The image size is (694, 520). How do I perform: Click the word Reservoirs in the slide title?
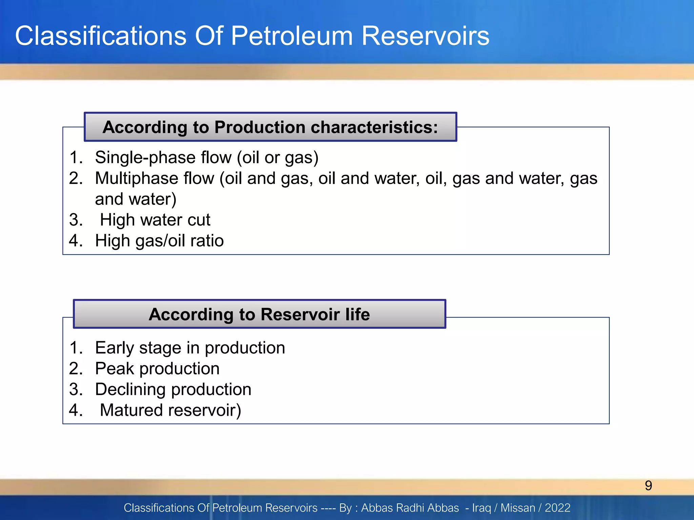(425, 36)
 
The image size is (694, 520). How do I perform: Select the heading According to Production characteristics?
(270, 127)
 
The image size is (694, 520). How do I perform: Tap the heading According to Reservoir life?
(259, 314)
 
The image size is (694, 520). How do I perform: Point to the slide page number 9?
(648, 486)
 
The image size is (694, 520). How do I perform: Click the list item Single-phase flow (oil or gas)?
(207, 157)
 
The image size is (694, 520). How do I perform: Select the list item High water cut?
(155, 220)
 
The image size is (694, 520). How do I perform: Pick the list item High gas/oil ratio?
(159, 241)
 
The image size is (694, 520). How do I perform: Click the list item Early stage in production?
(190, 348)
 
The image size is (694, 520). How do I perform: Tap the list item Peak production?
(157, 369)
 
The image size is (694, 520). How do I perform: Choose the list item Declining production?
(173, 389)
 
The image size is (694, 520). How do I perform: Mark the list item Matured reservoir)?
(170, 410)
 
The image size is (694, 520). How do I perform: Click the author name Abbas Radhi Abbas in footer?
(410, 508)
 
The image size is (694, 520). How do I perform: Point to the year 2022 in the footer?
(557, 508)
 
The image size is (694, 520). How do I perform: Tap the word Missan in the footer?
(518, 508)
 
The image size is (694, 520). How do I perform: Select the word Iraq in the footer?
(482, 508)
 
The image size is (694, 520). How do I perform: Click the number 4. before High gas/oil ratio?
(76, 241)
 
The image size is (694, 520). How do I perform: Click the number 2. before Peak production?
(76, 369)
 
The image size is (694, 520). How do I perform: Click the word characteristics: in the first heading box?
(374, 127)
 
